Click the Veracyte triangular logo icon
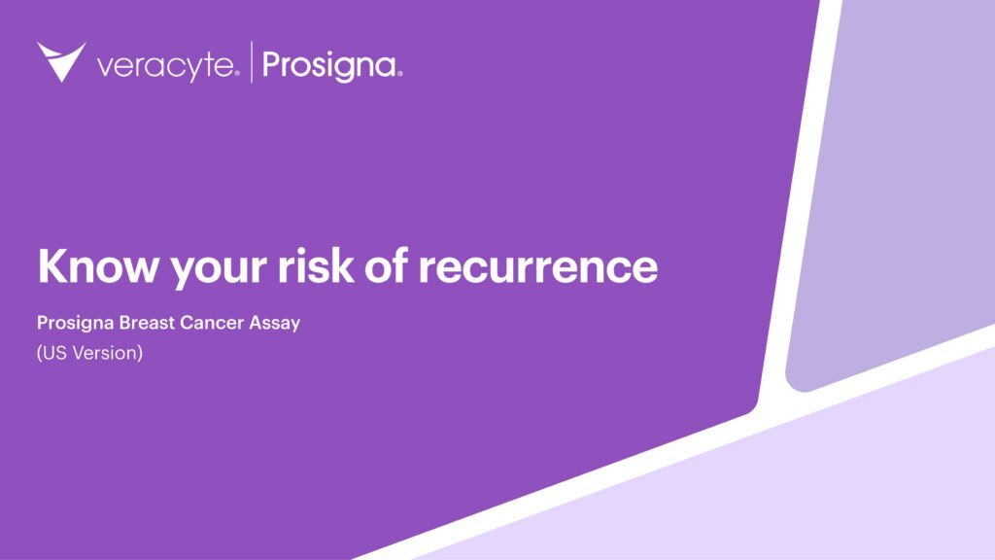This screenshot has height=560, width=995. [x=61, y=60]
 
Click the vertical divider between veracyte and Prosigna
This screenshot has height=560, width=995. [x=252, y=62]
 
